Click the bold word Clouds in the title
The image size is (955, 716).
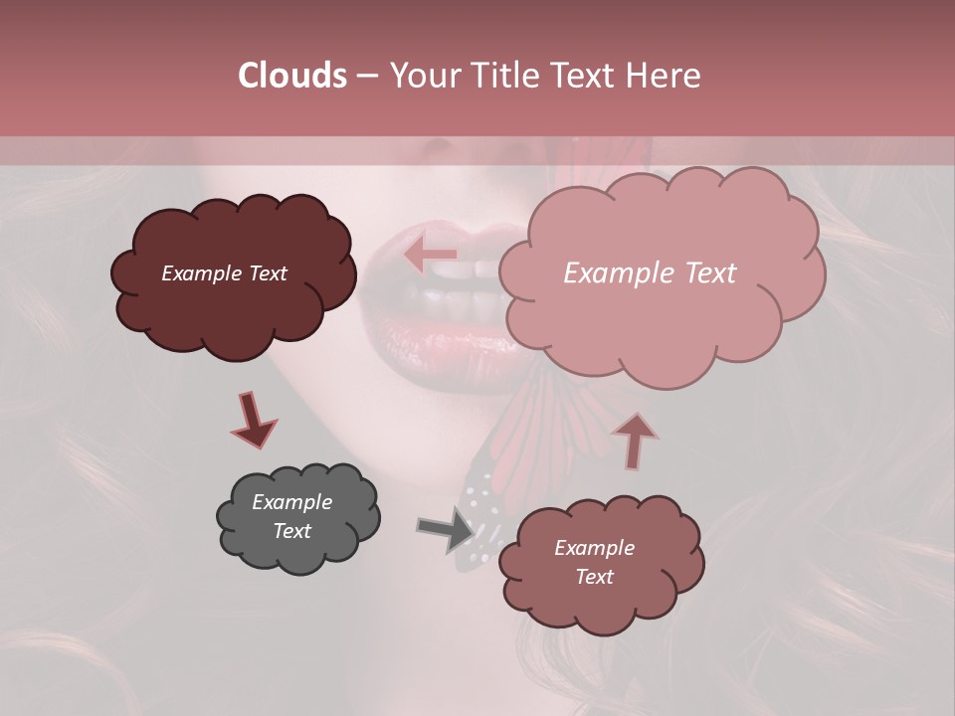tap(292, 76)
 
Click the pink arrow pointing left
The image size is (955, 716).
tap(430, 255)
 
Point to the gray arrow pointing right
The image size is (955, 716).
tap(446, 529)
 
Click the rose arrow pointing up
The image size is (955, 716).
tap(635, 440)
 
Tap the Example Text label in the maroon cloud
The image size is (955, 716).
tap(224, 273)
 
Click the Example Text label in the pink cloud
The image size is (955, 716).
tap(650, 273)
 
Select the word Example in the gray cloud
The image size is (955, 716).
tap(291, 502)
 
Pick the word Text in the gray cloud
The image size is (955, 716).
tap(291, 531)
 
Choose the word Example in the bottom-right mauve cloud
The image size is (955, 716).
tap(594, 548)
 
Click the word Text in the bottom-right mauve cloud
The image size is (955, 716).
tap(594, 577)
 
